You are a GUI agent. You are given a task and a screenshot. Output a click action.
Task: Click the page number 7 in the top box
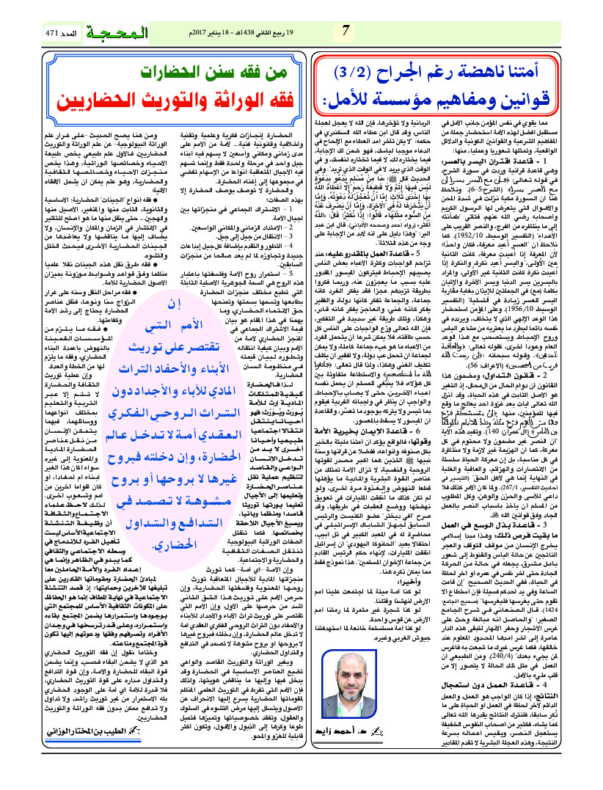point(346,31)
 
